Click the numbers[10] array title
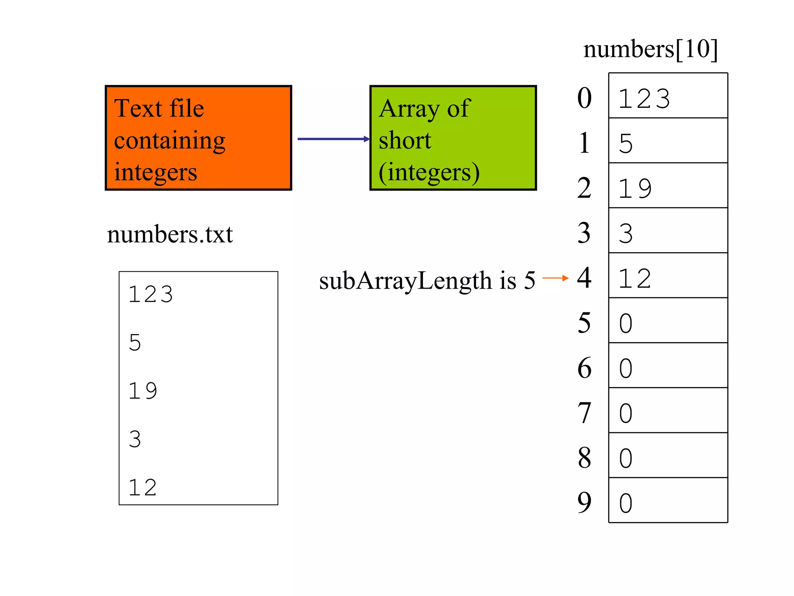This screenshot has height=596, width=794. click(x=651, y=50)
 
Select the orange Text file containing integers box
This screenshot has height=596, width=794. click(x=198, y=138)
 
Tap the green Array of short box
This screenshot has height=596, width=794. click(x=453, y=138)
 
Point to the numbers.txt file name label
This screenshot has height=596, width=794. click(x=170, y=234)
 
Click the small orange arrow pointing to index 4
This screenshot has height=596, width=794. click(x=555, y=278)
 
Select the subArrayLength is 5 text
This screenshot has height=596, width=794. click(x=427, y=280)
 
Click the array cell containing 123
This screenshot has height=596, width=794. click(x=668, y=95)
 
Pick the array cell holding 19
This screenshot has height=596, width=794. click(x=668, y=185)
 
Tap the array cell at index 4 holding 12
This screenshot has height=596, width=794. click(x=668, y=275)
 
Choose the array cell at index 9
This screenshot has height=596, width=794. click(x=668, y=500)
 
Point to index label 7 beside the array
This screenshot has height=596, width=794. click(x=584, y=413)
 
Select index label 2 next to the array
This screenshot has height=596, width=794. click(x=584, y=188)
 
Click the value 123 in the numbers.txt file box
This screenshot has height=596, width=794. click(x=151, y=294)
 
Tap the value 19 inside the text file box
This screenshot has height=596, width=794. click(x=143, y=390)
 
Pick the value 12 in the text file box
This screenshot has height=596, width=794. click(x=143, y=487)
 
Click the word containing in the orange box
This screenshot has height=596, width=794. click(x=169, y=140)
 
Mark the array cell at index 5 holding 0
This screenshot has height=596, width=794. click(x=668, y=321)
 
